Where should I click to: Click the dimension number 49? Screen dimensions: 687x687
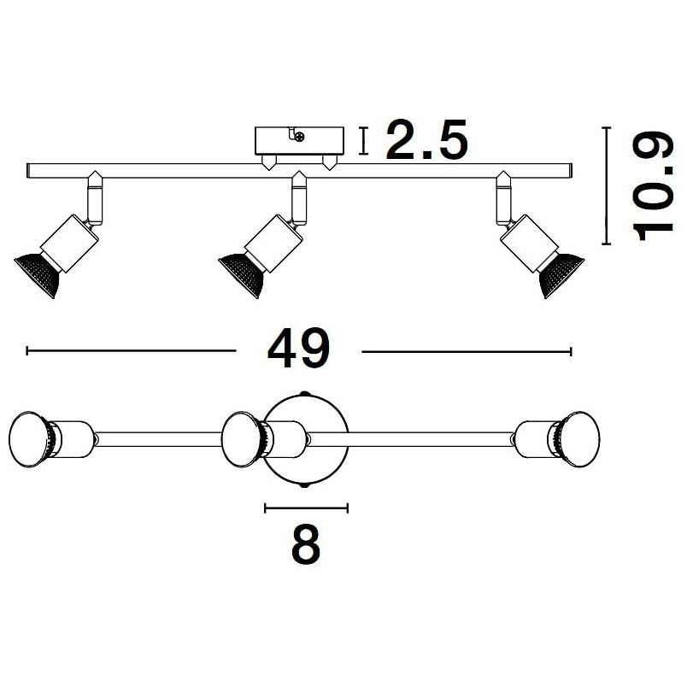tap(298, 349)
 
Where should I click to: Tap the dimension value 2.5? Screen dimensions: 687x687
tap(426, 140)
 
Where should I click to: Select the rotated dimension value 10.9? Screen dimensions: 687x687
tap(653, 186)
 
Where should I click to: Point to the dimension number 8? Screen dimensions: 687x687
tap(306, 547)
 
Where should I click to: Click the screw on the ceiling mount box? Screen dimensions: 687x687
tap(300, 137)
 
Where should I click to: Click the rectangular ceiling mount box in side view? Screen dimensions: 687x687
tap(299, 141)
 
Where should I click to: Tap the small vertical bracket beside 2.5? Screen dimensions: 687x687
tap(363, 141)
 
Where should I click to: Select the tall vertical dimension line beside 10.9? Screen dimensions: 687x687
tap(607, 185)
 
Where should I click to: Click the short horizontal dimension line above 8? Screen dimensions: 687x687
tap(306, 508)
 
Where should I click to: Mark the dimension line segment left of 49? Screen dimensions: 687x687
tap(131, 350)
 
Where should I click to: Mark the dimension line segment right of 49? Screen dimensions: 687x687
tap(467, 351)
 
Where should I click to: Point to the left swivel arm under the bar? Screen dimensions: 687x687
tap(95, 199)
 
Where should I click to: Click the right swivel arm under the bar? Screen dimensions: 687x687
tap(504, 199)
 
